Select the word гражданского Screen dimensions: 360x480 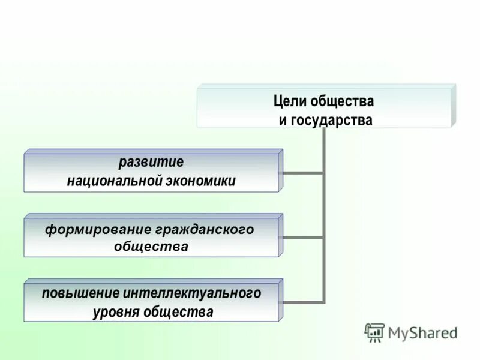pos(205,229)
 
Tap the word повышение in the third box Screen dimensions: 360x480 pos(82,293)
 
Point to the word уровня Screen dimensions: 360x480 pos(116,312)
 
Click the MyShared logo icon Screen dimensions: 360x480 pos(374,332)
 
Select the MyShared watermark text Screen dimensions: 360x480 pos(422,332)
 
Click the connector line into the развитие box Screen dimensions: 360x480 pos(301,173)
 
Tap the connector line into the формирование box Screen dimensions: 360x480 pos(301,237)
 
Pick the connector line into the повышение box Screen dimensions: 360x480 pos(301,301)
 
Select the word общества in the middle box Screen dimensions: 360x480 pos(151,247)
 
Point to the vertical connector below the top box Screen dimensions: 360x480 pos(324,210)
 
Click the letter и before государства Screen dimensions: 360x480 pos(283,121)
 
